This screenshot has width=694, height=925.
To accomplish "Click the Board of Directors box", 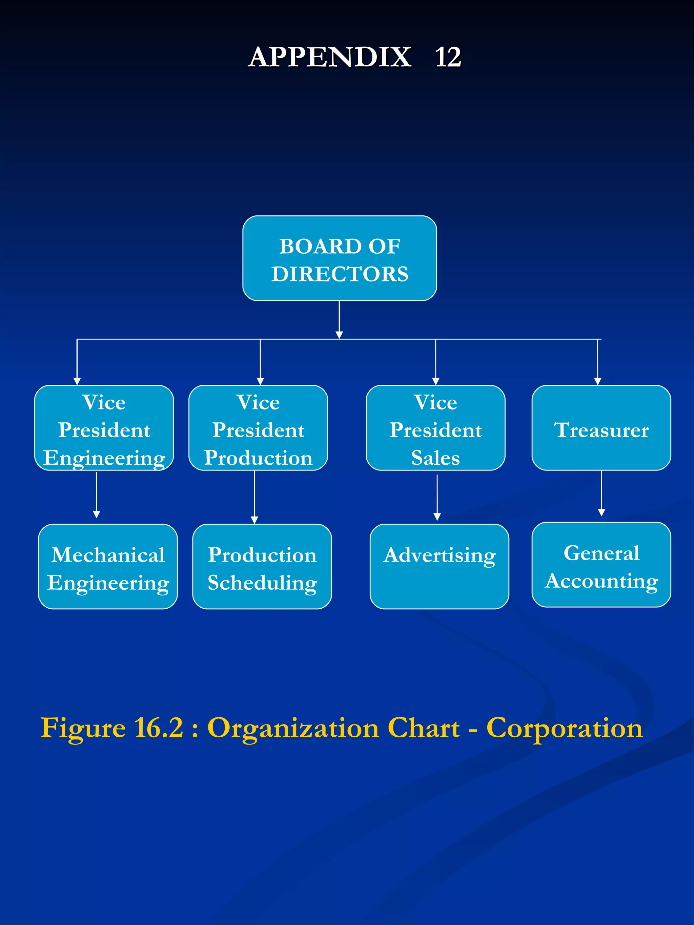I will click(339, 258).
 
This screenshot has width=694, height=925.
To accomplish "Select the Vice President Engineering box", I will click(104, 428).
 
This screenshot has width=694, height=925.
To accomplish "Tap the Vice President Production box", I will click(258, 428).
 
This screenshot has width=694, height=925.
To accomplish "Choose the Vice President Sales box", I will click(435, 428).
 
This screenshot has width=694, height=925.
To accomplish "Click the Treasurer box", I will click(601, 428).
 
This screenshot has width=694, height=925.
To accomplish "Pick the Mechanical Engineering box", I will click(108, 566).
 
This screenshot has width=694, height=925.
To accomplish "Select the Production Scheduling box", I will click(262, 566).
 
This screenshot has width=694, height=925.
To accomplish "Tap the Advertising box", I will click(439, 566).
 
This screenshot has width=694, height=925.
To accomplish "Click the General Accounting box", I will click(601, 564).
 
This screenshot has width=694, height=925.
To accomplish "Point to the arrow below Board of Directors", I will click(339, 320).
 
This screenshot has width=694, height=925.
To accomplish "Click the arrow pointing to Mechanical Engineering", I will click(96, 496).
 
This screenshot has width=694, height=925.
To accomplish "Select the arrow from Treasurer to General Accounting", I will click(601, 493).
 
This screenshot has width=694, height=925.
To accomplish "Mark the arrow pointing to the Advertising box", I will click(437, 498).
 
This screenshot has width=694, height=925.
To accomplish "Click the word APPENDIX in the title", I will click(330, 57).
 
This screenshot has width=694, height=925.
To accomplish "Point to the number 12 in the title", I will click(448, 57).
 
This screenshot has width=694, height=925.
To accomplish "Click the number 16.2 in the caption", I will click(158, 728).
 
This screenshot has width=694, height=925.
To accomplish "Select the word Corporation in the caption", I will click(564, 728).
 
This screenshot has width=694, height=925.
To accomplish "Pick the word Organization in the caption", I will click(293, 728).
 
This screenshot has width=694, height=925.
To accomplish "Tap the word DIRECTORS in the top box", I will click(340, 274).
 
